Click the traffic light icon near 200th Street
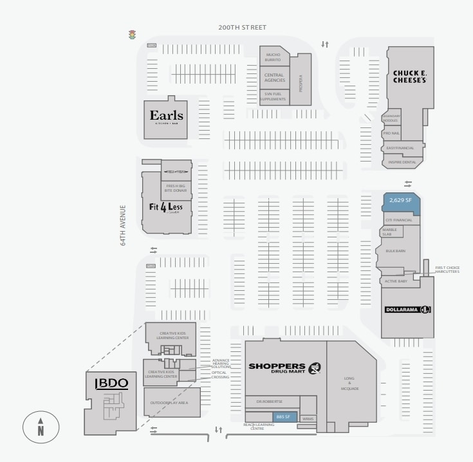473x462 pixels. click(133, 35)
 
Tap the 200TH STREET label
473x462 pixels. click(242, 28)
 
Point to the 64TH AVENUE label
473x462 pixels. click(123, 225)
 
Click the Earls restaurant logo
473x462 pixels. click(166, 116)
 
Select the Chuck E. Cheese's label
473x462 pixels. click(410, 77)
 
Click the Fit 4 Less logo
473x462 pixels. click(166, 207)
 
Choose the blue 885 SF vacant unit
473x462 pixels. click(284, 416)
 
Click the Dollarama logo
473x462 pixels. click(407, 310)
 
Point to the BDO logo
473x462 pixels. click(111, 383)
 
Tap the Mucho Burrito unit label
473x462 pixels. click(274, 57)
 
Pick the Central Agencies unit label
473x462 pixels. click(274, 78)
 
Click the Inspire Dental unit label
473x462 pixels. click(404, 162)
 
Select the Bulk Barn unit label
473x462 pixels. click(395, 250)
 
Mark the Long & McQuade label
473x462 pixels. click(351, 383)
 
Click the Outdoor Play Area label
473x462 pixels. click(169, 403)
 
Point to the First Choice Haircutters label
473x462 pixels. click(447, 270)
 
